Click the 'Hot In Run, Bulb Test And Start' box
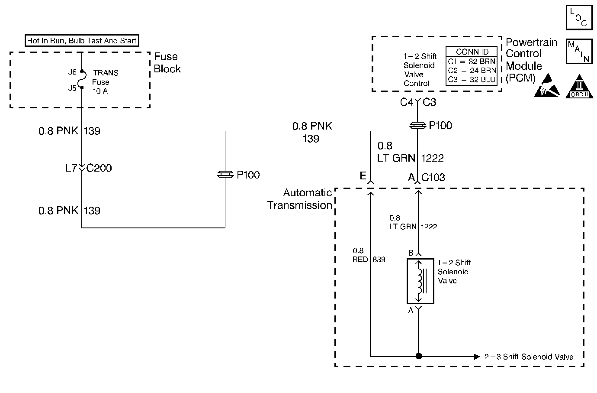82,41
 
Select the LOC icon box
579,17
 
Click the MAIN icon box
579,51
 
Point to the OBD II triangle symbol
579,87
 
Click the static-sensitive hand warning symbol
547,85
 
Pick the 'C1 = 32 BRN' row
472,62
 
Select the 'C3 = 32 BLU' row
472,80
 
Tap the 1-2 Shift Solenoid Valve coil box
420,281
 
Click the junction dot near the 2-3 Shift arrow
418,356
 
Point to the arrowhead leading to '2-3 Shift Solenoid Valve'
477,357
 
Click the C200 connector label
99,168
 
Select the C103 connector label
433,177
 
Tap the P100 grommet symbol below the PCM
417,126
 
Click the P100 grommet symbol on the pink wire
225,175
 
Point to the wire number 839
379,260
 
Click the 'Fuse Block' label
167,63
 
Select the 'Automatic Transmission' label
299,199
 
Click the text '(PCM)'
520,78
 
